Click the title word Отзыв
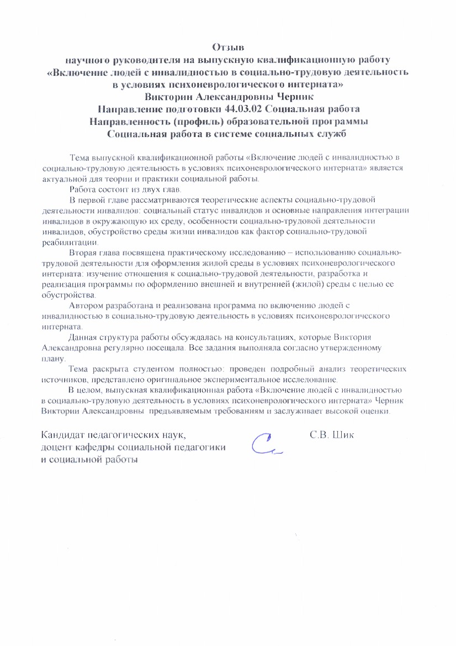click(x=228, y=47)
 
